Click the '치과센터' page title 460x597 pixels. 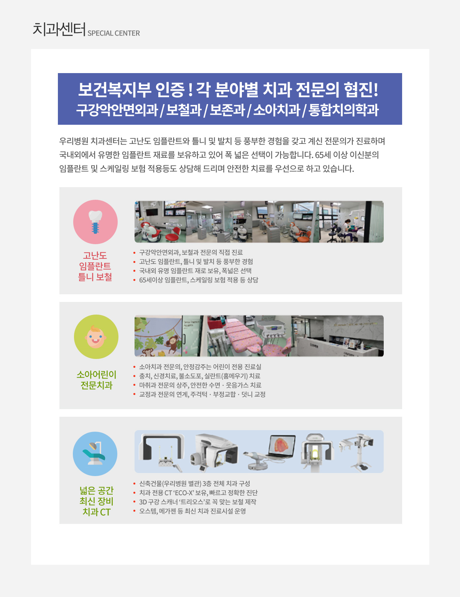click(59, 29)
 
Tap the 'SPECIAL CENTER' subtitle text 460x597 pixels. click(113, 33)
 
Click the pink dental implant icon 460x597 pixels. click(95, 222)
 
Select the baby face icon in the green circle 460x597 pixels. click(96, 337)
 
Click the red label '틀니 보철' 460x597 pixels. click(95, 277)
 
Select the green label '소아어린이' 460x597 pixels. click(96, 374)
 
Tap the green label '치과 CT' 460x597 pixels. click(97, 512)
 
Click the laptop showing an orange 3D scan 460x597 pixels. click(281, 447)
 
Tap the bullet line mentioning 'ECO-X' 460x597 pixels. click(198, 493)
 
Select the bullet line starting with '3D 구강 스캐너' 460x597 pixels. click(197, 502)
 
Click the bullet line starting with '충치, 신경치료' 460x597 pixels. click(200, 376)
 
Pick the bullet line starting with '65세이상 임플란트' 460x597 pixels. click(199, 280)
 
